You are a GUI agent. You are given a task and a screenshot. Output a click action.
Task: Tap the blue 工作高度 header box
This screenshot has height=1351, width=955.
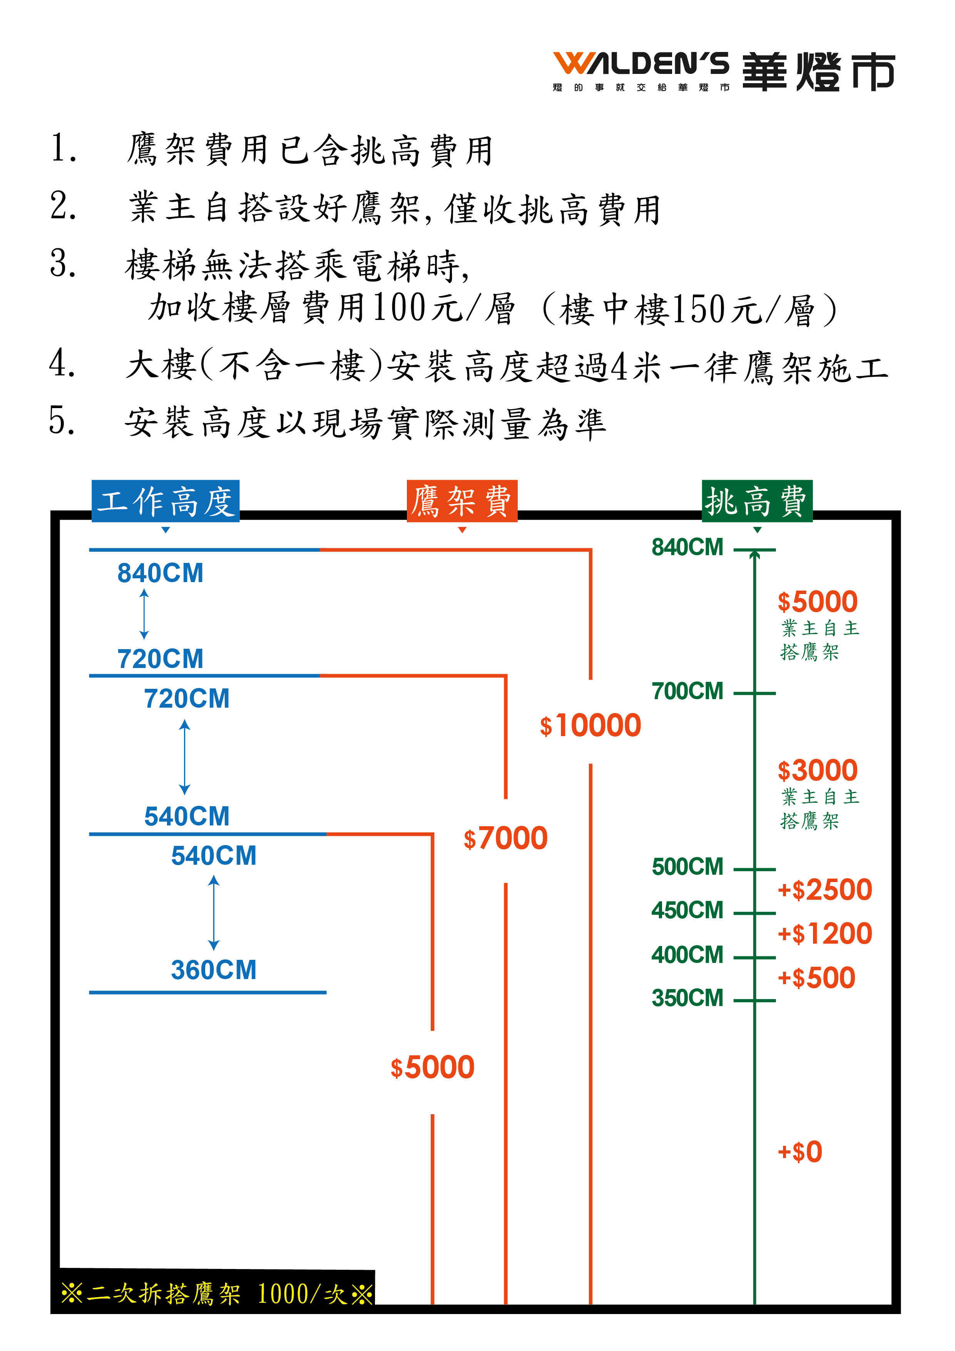[x=166, y=501]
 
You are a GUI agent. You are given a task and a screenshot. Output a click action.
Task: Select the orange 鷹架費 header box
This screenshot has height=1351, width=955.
[x=462, y=501]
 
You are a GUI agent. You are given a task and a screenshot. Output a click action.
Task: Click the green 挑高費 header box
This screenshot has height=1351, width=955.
[x=757, y=501]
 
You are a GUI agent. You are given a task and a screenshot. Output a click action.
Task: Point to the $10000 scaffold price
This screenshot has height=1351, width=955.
[x=590, y=725]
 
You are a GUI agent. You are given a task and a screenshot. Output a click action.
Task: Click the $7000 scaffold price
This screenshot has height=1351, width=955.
[x=505, y=838]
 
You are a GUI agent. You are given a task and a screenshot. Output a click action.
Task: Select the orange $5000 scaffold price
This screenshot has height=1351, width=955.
[x=433, y=1067]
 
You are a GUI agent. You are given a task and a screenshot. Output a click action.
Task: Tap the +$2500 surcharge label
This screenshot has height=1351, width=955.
[x=825, y=890]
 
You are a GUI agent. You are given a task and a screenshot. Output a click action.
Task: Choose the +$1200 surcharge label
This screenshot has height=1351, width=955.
[x=825, y=934]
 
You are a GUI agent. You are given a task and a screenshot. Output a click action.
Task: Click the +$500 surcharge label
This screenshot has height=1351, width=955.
[x=816, y=978]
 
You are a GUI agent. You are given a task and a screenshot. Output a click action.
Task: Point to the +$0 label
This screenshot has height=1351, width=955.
[x=799, y=1152]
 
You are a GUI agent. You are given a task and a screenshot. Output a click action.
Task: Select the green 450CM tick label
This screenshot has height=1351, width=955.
[x=687, y=910]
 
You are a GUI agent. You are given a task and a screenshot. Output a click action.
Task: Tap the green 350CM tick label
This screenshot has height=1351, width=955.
[x=687, y=998]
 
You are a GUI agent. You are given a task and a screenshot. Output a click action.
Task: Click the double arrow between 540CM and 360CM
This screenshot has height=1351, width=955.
[x=214, y=912]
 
